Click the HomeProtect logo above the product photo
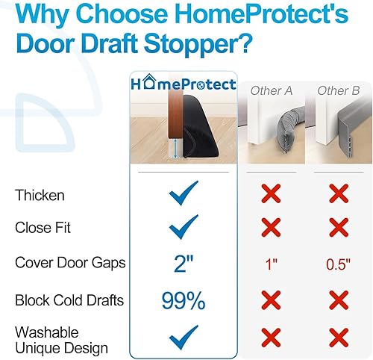184,84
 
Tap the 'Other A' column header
271,91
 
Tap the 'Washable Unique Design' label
61,341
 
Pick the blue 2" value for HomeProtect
184,264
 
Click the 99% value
184,301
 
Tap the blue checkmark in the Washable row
184,338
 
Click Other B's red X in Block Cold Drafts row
338,300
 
